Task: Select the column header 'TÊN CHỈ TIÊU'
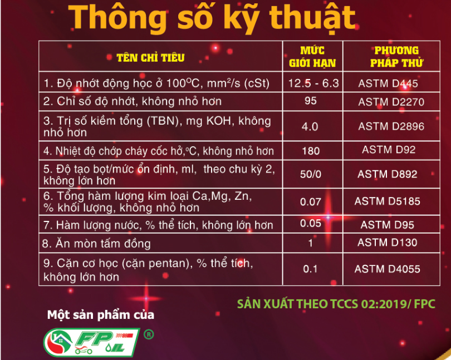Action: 150,57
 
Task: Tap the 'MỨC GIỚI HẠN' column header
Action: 312,57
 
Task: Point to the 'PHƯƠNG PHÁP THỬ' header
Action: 396,57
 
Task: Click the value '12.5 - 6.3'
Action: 313,83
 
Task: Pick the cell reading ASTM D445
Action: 388,83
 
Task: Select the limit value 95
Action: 311,101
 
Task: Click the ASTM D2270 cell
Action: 391,102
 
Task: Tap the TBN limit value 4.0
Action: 310,126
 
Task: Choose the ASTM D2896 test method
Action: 391,126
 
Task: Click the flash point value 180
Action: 311,151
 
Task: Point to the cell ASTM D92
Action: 389,150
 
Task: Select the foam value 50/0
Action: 311,174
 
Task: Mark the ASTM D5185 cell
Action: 387,201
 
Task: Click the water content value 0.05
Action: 311,223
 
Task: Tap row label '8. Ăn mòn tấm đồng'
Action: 96,244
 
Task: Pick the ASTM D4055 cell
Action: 387,269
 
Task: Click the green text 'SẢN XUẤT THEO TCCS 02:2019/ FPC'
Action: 336,304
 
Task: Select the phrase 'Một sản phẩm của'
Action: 101,315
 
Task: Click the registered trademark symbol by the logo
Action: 149,334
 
